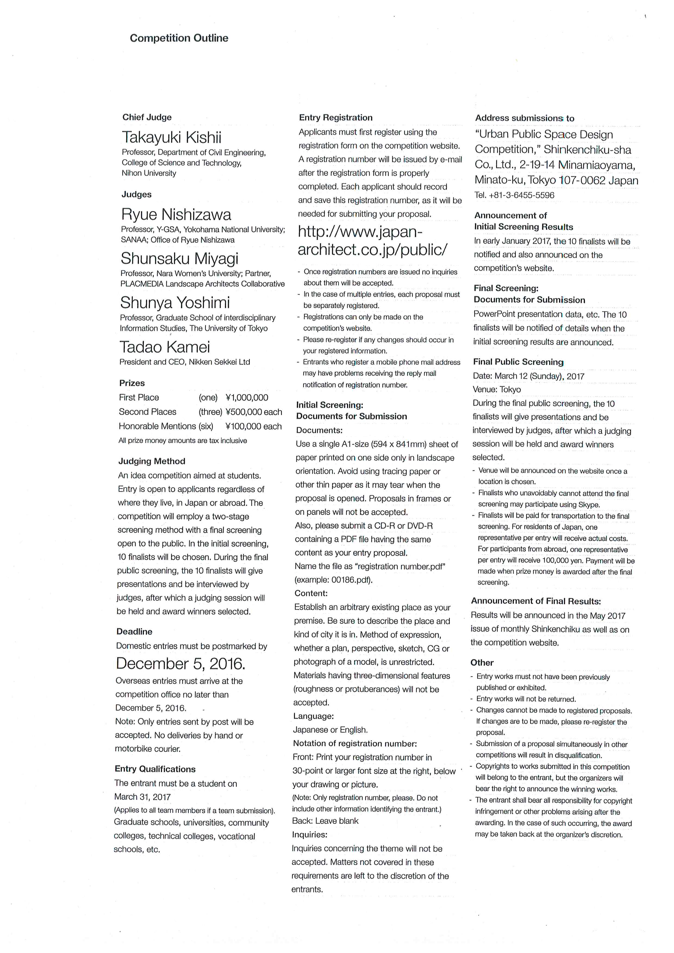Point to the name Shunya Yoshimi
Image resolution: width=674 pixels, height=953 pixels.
pyautogui.click(x=175, y=303)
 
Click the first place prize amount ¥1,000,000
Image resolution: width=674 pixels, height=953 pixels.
pyautogui.click(x=247, y=398)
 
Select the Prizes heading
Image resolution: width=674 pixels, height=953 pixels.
pyautogui.click(x=132, y=383)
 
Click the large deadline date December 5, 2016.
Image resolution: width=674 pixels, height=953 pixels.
pyautogui.click(x=180, y=664)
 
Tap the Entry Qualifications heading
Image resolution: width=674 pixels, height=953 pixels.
pyautogui.click(x=155, y=769)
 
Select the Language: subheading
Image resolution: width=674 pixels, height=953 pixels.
pyautogui.click(x=313, y=716)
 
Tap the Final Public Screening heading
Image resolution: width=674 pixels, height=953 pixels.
pyautogui.click(x=518, y=362)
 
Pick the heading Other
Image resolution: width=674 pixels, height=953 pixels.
pyautogui.click(x=482, y=663)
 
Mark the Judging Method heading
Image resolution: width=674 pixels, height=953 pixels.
pyautogui.click(x=151, y=461)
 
